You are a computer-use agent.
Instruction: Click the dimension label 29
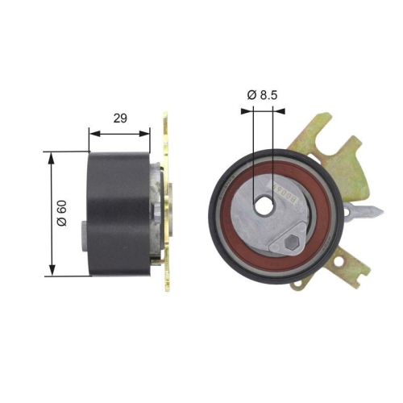click(x=119, y=118)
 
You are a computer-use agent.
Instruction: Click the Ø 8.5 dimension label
click(x=262, y=95)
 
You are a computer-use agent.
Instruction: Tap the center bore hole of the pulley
click(x=263, y=206)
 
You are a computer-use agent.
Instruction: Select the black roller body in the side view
click(x=119, y=213)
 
